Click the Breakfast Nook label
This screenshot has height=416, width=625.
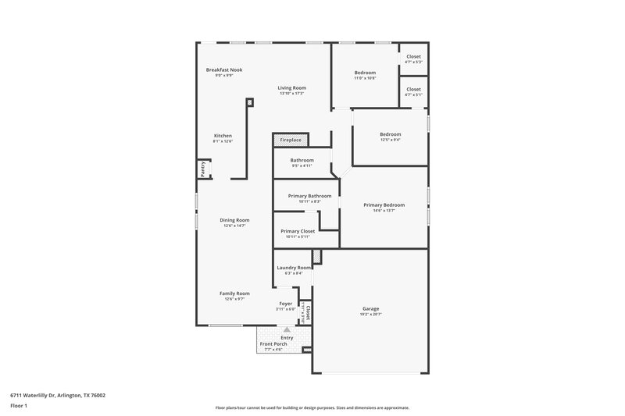tap(224, 69)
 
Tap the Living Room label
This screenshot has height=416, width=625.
tap(291, 88)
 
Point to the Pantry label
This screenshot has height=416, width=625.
tap(202, 169)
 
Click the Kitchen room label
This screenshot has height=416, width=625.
tap(223, 136)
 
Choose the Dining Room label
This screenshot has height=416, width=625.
tap(234, 220)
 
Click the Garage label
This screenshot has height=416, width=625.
tap(371, 308)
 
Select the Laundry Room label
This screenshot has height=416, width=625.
tap(294, 268)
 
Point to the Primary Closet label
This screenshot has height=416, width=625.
tap(297, 231)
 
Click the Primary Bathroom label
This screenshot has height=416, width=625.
tap(309, 196)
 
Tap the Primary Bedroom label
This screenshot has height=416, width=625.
tap(384, 204)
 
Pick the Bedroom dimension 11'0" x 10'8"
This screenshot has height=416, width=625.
tap(365, 78)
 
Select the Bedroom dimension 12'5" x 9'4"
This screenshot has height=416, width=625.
tap(390, 140)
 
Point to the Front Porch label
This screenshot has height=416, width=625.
tap(273, 343)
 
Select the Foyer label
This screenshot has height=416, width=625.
tap(286, 304)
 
